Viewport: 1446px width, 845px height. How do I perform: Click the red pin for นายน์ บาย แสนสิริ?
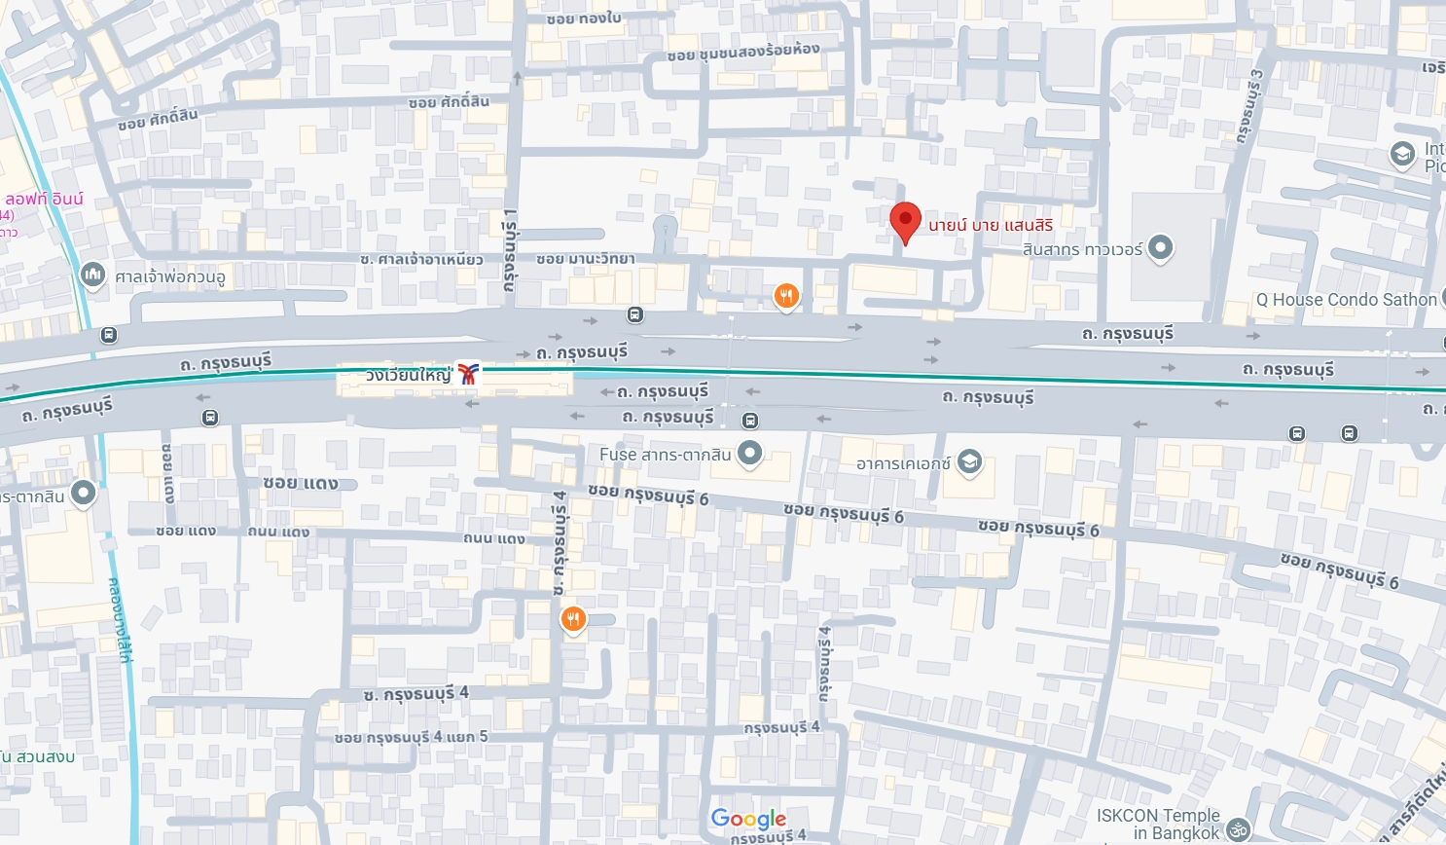point(905,220)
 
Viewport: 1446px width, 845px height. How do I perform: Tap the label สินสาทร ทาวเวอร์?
point(1082,249)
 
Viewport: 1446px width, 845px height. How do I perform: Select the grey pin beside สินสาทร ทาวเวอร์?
point(1160,247)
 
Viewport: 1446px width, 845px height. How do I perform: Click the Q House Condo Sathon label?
point(1346,300)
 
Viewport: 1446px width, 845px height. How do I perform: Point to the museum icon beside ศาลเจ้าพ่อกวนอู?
point(92,276)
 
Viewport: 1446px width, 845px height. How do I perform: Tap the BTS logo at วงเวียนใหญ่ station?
point(468,374)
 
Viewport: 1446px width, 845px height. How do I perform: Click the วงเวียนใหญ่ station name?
point(409,375)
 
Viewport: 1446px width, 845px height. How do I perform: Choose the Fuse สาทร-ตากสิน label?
point(665,455)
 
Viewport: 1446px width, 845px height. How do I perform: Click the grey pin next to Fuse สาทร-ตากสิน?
point(749,453)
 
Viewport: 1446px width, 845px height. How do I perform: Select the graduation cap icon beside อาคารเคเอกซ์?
point(969,461)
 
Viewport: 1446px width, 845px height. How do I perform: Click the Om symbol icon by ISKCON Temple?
point(1238,829)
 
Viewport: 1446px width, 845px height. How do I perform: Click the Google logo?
point(748,819)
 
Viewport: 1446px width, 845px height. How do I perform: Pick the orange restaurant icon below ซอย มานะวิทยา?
point(786,296)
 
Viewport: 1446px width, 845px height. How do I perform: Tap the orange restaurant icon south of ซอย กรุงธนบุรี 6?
point(573,618)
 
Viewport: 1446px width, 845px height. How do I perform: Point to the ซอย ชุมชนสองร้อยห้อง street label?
point(743,52)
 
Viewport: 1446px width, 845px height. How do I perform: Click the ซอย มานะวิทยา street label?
point(586,259)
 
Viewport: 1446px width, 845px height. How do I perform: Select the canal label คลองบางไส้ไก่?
point(121,620)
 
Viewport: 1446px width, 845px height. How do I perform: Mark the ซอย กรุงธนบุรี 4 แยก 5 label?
point(411,737)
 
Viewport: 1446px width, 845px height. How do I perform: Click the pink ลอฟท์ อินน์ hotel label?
point(45,200)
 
